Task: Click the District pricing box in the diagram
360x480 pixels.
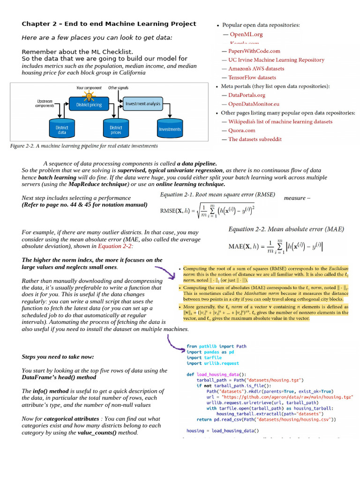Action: [89, 105]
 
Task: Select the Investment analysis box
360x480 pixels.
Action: [142, 104]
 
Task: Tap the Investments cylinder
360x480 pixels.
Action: [169, 129]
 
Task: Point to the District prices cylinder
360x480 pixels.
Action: [116, 130]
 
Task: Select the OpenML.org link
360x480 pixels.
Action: [243, 34]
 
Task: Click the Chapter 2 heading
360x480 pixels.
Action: [109, 24]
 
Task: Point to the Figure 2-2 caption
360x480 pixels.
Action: [84, 146]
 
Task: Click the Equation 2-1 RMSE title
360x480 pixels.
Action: [217, 195]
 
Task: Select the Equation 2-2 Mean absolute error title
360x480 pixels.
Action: [286, 229]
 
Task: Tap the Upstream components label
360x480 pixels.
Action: [45, 103]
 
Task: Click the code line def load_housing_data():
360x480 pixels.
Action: [216, 374]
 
